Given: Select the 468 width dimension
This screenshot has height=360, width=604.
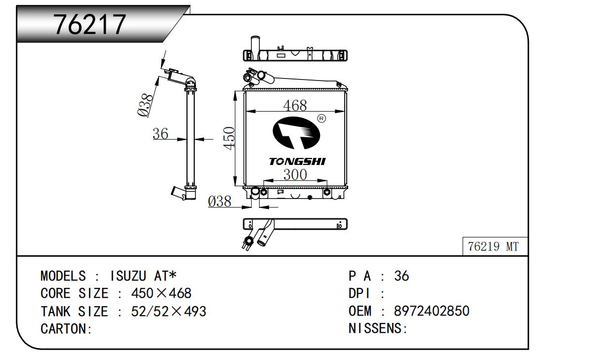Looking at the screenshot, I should point(294,105).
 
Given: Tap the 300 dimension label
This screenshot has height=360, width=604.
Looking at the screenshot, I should point(295,174).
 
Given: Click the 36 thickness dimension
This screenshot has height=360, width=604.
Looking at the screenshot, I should point(160,133).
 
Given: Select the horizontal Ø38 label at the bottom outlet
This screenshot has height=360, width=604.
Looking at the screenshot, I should point(220,201).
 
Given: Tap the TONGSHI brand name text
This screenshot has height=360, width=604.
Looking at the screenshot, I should point(297,161).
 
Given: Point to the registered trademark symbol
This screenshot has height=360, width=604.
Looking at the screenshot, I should point(321,119).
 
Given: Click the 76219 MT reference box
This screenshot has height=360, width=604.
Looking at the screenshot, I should point(493,247).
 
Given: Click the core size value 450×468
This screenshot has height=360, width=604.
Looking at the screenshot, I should point(161,293).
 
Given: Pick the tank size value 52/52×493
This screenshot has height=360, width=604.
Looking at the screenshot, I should point(168,311).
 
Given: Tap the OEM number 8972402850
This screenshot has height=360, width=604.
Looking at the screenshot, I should point(431,311).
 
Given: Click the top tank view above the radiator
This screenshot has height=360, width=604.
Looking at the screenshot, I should point(295,54).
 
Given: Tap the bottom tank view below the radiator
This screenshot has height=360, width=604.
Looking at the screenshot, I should point(295,225).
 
